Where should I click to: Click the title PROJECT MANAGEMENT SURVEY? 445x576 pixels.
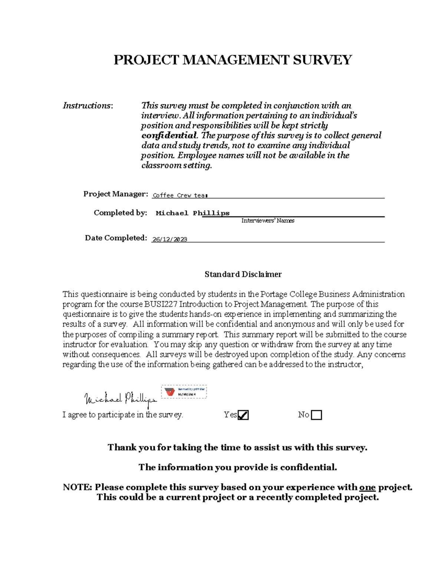[233, 60]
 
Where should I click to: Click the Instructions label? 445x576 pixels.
[88, 106]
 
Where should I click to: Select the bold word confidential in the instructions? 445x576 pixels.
[169, 135]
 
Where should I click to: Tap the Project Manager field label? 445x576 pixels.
[115, 194]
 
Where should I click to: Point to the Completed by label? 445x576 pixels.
[120, 213]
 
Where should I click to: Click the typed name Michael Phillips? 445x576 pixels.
[192, 213]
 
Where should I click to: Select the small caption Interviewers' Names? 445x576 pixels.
[268, 221]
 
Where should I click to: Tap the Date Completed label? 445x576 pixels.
[116, 238]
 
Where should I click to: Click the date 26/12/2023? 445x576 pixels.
[169, 240]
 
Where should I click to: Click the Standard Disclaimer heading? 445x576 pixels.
[243, 274]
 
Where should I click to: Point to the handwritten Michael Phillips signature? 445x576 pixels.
[120, 399]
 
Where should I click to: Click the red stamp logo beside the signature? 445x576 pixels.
[170, 392]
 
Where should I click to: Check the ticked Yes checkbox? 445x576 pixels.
[243, 415]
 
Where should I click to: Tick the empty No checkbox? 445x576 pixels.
[316, 415]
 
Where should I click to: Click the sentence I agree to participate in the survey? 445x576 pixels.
[123, 415]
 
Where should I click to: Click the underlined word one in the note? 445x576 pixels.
[367, 487]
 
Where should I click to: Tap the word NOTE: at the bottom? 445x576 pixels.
[77, 487]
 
